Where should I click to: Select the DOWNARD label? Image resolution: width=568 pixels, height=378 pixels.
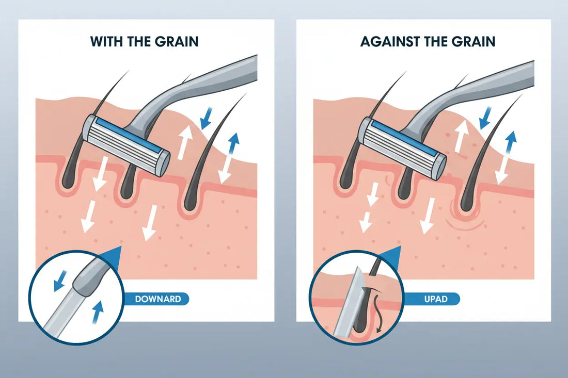[157, 299]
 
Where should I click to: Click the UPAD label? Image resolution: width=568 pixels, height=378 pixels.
[435, 299]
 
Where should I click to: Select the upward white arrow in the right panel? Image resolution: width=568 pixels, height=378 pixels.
[461, 136]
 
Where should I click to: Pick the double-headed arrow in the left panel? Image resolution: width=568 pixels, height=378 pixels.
[229, 158]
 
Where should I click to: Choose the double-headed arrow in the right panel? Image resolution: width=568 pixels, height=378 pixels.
[506, 158]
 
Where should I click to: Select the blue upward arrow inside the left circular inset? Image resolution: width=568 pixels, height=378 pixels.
[98, 312]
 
